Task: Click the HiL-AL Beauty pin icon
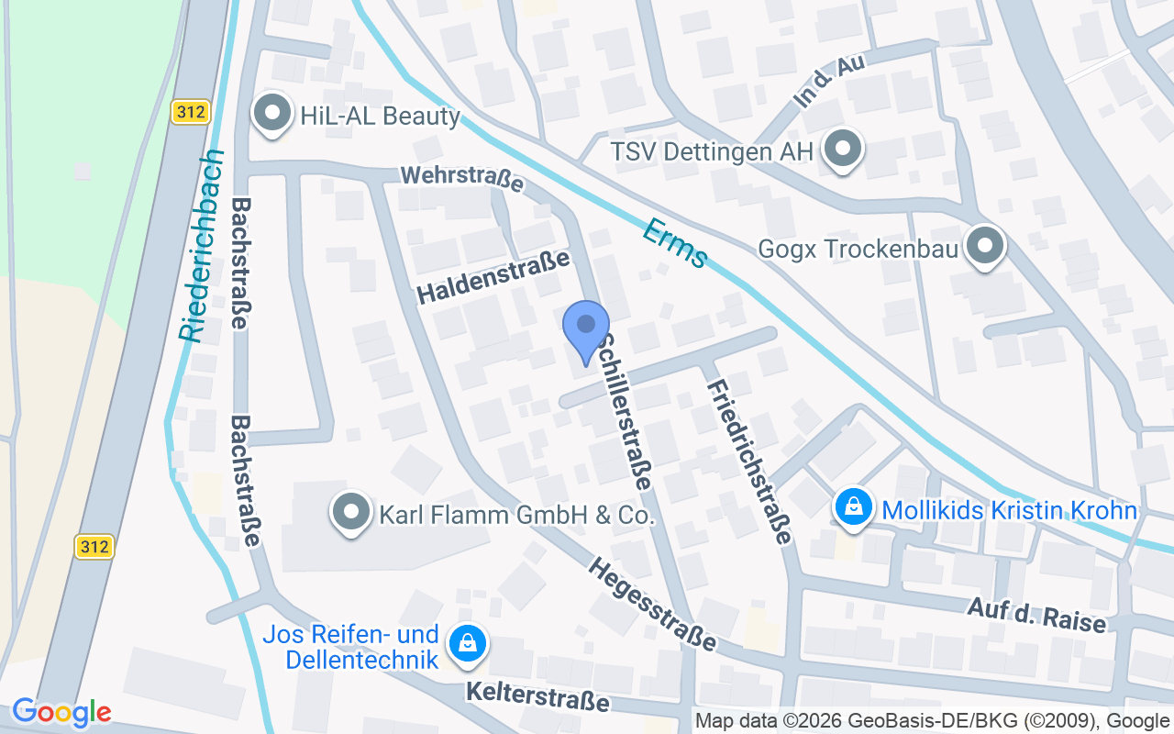point(271,114)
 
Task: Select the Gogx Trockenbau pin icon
point(985,246)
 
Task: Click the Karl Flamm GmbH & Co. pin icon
point(350,513)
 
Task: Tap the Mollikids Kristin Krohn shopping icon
point(854,507)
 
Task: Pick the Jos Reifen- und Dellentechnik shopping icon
point(468,645)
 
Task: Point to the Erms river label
point(675,243)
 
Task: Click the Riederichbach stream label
point(202,245)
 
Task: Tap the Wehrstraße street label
point(461,178)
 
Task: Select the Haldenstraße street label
point(493,278)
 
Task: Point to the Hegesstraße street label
point(652,605)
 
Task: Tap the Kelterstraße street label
point(537,695)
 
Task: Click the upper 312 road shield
point(191,113)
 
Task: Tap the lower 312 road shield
point(94,547)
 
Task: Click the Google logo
point(61,711)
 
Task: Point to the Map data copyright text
point(932,720)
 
